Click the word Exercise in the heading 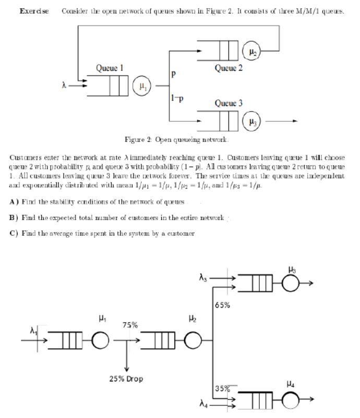[x=34, y=11]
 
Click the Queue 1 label [x=109, y=68]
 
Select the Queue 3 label [x=229, y=104]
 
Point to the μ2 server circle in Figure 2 [x=253, y=51]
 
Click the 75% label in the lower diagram [x=130, y=326]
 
